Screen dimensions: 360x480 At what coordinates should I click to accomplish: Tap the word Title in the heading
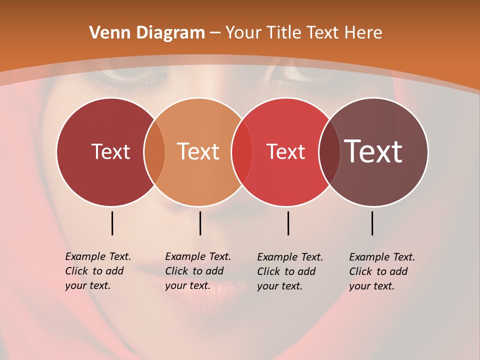[283, 33]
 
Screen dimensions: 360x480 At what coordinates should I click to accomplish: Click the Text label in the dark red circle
[110, 151]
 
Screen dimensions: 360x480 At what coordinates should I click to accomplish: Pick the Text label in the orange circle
[198, 151]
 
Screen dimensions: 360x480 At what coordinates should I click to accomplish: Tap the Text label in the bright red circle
[285, 151]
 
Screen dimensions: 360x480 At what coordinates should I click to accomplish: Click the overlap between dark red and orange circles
[154, 151]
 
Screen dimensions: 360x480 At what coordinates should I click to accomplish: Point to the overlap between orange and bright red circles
[242, 151]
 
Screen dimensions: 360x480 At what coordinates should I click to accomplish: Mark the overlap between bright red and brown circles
[329, 151]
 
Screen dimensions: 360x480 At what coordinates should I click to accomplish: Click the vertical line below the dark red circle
[112, 223]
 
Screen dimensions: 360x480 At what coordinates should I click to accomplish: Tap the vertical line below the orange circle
[200, 223]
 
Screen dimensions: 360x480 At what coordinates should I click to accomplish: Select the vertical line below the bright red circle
[288, 223]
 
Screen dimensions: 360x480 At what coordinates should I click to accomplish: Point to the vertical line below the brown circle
[372, 223]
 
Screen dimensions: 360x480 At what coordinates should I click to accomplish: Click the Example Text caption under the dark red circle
[98, 271]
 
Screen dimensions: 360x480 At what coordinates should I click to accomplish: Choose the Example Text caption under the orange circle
[198, 271]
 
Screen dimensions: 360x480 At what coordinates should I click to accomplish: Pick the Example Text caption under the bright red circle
[290, 271]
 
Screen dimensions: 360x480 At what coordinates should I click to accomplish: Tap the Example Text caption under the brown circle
[382, 271]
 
